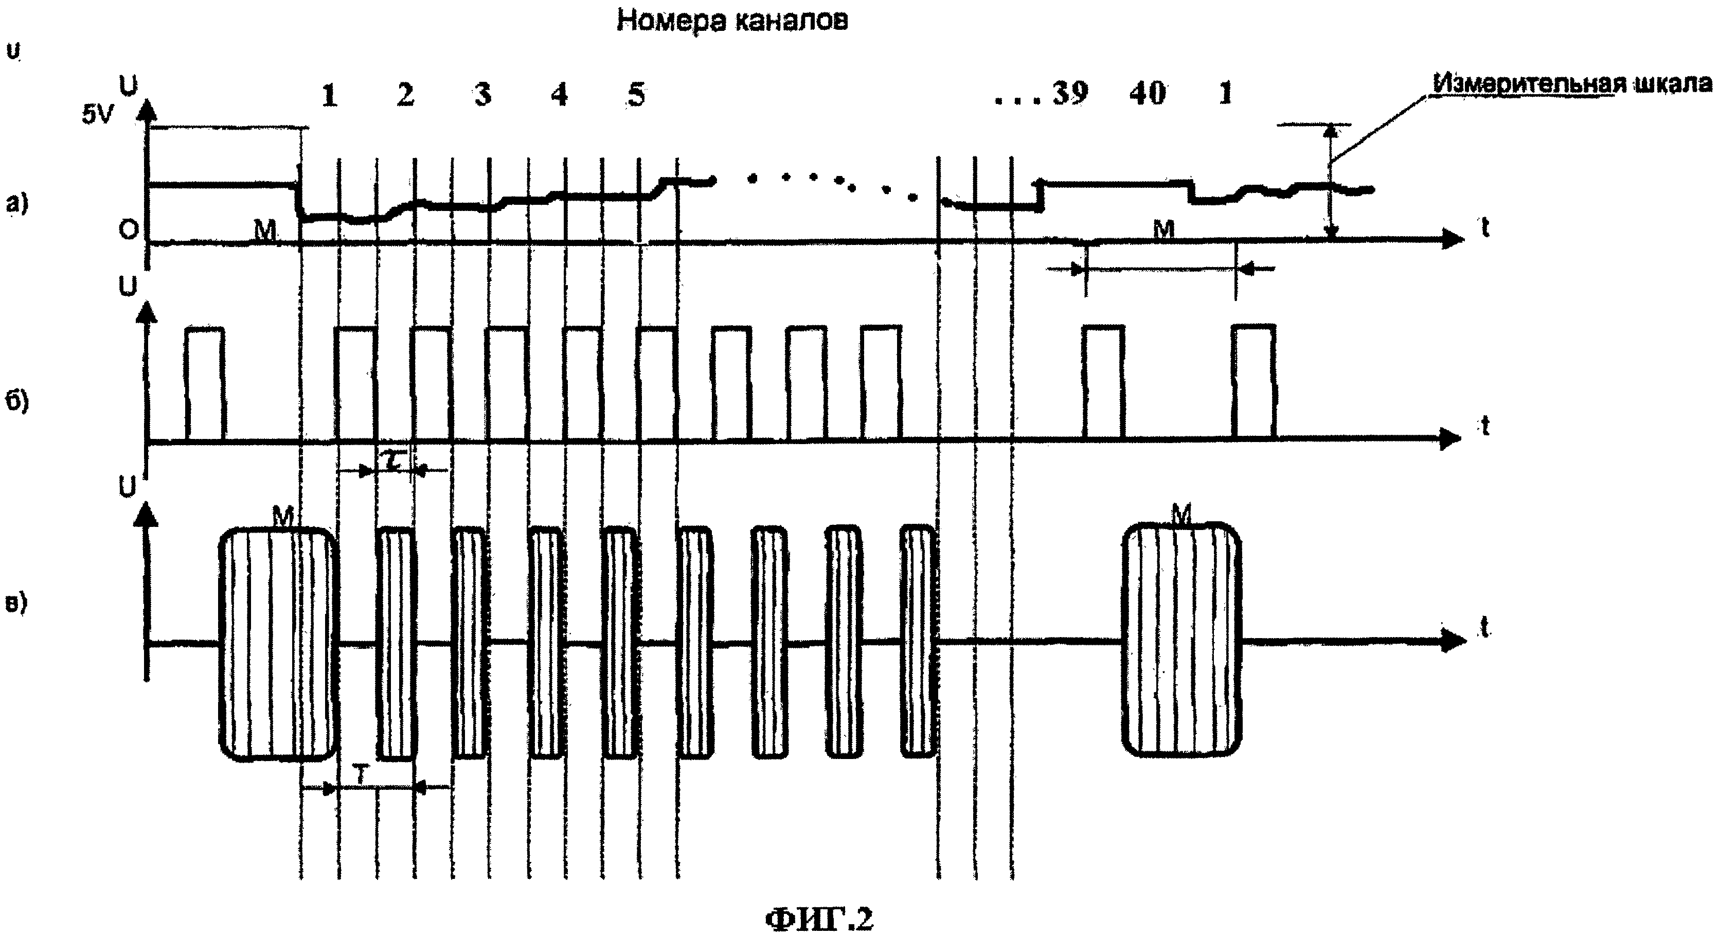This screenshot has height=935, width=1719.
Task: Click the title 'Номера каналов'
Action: click(732, 22)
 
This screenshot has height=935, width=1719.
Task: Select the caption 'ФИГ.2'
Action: click(819, 919)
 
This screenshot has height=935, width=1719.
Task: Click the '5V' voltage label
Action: click(97, 115)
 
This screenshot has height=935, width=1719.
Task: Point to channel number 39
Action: click(1070, 94)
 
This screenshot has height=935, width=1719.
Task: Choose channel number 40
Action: click(1147, 94)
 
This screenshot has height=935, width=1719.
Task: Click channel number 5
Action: click(637, 95)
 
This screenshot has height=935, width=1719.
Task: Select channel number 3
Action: click(483, 95)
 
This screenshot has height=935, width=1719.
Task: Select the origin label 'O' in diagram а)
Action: click(128, 230)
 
